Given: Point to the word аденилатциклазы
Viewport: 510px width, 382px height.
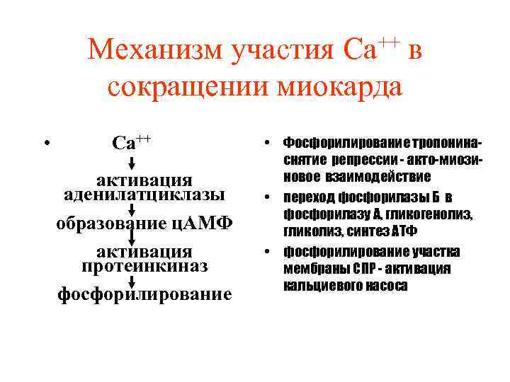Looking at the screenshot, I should point(144,194).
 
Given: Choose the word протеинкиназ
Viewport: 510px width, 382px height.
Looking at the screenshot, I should point(144,265).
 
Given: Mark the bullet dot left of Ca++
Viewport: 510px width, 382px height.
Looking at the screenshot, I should point(45,143).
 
